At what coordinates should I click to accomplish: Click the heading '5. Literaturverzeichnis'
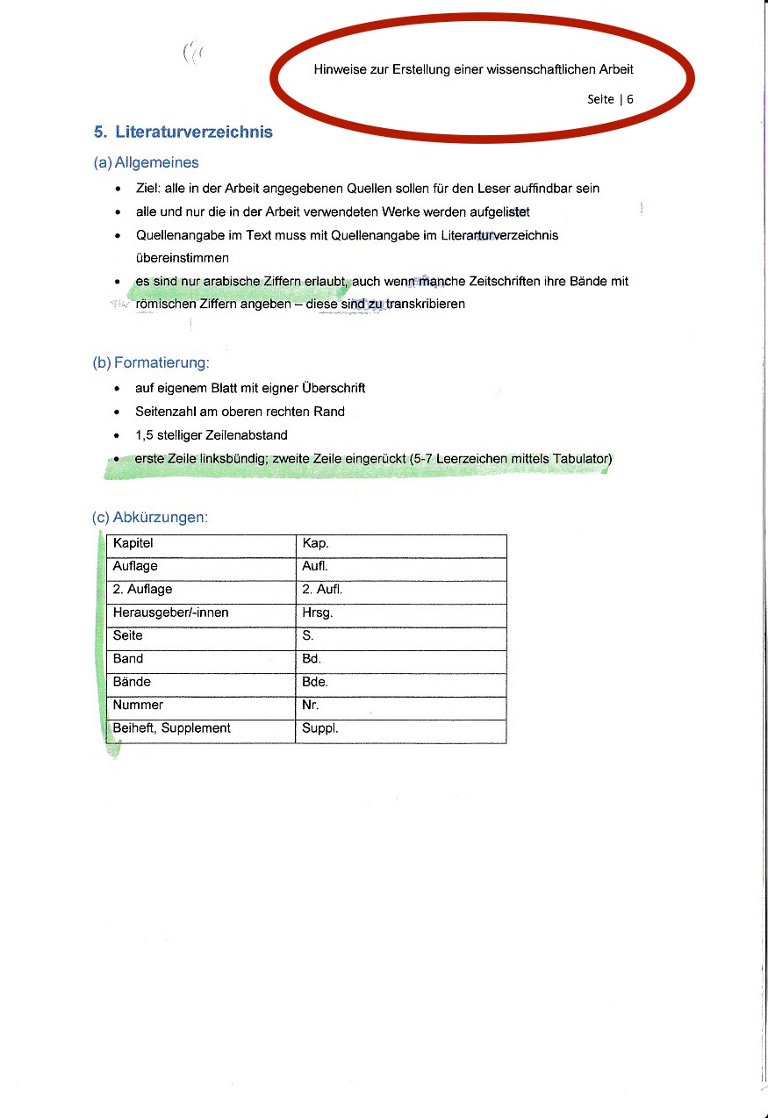click(x=183, y=133)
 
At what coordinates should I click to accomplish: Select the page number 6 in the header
click(x=630, y=99)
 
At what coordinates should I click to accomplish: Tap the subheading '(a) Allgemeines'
click(x=146, y=162)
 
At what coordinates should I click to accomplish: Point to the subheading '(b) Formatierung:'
click(x=154, y=362)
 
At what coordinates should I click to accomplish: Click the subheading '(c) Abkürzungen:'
click(x=150, y=517)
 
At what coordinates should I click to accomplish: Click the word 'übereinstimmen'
click(x=183, y=258)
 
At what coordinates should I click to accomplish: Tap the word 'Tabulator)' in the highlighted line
click(x=582, y=459)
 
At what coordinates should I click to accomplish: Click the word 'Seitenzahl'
click(x=164, y=412)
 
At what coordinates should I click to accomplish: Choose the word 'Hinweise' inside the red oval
click(x=341, y=69)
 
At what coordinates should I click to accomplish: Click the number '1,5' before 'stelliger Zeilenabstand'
click(x=144, y=435)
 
